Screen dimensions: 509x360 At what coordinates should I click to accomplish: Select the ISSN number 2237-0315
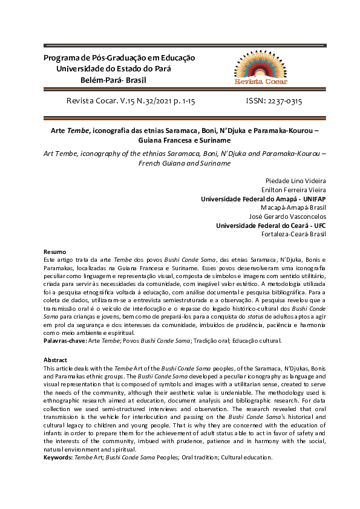pos(284,102)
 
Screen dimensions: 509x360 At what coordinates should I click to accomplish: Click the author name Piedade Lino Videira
pos(295,181)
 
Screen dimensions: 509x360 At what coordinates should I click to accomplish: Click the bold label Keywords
pos(60,458)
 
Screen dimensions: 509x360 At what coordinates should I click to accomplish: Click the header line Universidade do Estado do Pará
pos(113,69)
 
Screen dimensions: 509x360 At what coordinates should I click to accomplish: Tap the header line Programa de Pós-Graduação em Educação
pos(119,58)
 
